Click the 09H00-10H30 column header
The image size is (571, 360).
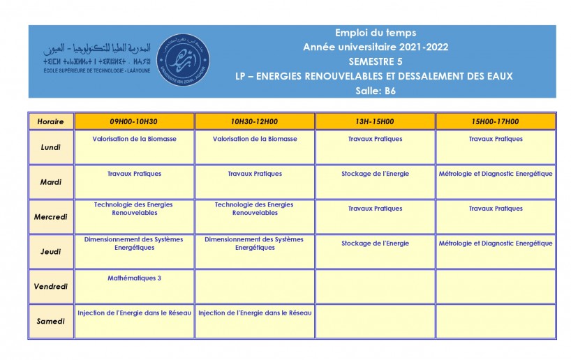[x=134, y=121]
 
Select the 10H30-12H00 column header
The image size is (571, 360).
[x=255, y=121]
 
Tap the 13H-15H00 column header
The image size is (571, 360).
[x=376, y=121]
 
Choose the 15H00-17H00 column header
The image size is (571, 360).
[x=496, y=121]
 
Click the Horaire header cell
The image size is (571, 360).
[x=51, y=121]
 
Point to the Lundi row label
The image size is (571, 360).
[x=51, y=147]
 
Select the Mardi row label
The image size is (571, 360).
[x=51, y=182]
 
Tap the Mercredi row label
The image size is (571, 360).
[x=51, y=217]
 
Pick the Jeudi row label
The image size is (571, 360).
[x=51, y=252]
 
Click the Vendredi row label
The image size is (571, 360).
[x=51, y=287]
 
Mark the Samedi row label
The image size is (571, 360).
[x=51, y=322]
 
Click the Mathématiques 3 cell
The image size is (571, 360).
[x=134, y=278]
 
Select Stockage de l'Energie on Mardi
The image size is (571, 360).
[x=376, y=174]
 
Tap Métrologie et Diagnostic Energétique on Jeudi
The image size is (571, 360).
[x=496, y=243]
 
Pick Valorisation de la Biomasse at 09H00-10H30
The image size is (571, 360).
[x=134, y=139]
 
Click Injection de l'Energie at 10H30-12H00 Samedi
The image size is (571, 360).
[x=255, y=313]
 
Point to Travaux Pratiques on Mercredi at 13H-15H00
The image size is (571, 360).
[x=376, y=209]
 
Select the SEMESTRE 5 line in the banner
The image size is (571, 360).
[x=376, y=61]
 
